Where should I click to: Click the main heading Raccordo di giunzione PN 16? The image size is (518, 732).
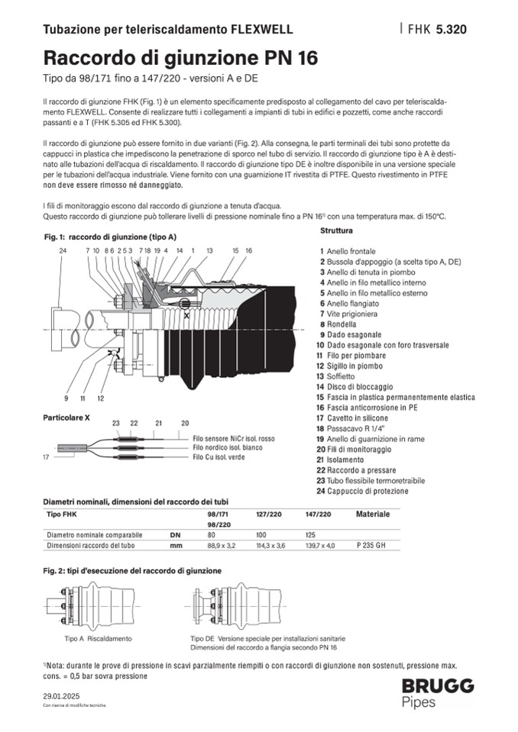tap(180, 58)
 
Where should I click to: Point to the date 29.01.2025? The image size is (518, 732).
tap(60, 696)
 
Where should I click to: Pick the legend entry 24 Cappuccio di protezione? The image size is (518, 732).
tap(364, 491)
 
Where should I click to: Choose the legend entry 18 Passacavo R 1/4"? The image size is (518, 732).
tap(352, 429)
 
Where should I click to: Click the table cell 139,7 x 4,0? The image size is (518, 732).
tap(319, 547)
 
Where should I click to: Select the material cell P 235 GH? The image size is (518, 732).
tap(372, 547)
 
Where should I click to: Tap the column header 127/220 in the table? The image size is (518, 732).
tap(269, 514)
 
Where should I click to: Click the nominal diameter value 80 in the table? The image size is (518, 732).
tap(212, 535)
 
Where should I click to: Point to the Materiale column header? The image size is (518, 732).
tap(373, 514)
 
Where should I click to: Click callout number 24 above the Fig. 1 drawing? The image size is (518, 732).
tap(63, 250)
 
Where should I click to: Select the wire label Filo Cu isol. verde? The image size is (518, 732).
tap(219, 456)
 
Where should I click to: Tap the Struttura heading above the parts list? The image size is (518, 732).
tap(337, 230)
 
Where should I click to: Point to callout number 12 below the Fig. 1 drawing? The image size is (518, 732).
tap(101, 398)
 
